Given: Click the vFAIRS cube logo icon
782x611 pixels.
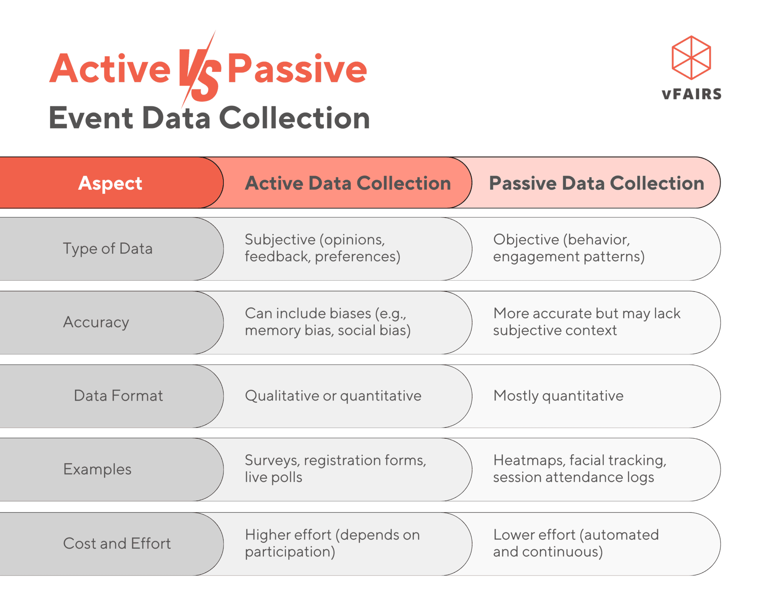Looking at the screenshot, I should click(691, 58).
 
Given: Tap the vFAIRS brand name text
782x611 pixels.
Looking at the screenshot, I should click(692, 94).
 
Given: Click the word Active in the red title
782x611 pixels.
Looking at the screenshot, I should click(110, 69).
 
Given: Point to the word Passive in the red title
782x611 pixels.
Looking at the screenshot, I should click(297, 69).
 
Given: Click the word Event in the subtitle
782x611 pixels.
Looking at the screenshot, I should click(90, 118).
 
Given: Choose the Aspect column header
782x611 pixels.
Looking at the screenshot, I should click(110, 183).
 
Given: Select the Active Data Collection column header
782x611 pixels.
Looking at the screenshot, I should click(347, 183).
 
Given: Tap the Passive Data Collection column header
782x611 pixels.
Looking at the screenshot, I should click(596, 183).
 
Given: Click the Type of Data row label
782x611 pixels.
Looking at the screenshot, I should click(108, 249).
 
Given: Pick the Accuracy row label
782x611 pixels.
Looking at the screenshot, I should click(96, 322).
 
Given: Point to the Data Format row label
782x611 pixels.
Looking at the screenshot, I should click(118, 396).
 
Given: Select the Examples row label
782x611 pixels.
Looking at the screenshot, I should click(97, 469).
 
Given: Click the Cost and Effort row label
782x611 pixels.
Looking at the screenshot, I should click(117, 543).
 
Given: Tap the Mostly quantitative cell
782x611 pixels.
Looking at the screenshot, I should click(558, 396).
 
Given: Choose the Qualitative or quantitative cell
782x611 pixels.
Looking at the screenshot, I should click(333, 396).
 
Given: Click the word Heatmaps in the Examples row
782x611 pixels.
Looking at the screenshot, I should click(528, 461).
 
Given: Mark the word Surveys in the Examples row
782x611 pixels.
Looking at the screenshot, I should click(271, 461).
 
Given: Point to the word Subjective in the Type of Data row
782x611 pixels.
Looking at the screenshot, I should click(280, 240).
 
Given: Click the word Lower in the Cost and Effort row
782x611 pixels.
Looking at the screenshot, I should click(511, 535).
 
